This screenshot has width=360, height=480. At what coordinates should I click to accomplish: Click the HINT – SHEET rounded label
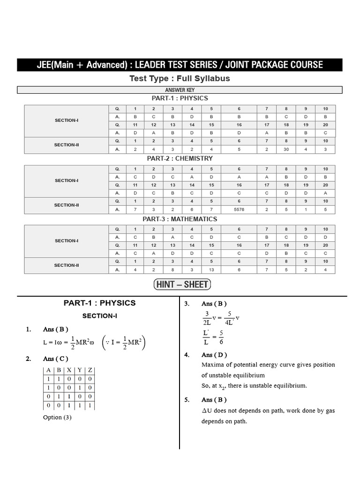tap(182, 284)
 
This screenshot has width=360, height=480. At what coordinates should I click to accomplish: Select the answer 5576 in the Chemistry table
tap(239, 210)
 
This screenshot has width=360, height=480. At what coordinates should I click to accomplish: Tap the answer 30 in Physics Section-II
tap(286, 150)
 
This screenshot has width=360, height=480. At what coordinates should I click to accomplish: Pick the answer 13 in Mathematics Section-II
tap(211, 270)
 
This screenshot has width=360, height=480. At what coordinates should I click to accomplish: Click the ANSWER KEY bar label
tap(180, 90)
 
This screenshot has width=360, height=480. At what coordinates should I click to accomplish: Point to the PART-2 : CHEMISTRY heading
tap(180, 158)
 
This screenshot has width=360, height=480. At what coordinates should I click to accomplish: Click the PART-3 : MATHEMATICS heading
tap(180, 219)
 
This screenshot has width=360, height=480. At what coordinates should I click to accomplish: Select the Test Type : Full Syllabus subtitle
tap(180, 78)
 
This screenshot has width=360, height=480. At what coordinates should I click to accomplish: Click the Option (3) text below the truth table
tap(57, 417)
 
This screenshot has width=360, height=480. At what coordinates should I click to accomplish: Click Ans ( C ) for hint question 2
tap(55, 359)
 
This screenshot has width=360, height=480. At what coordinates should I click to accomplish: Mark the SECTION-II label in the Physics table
tap(66, 145)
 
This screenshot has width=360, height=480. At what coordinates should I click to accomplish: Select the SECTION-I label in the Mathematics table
tap(66, 240)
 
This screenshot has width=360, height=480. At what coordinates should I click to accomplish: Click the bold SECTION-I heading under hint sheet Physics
tap(99, 316)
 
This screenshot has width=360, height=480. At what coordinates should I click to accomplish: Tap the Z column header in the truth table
tap(90, 370)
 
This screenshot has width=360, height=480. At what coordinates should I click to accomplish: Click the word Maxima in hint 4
tap(212, 365)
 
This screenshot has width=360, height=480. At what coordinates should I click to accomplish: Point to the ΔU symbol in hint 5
tap(206, 411)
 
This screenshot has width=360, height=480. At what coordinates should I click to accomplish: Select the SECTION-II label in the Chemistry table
tap(66, 205)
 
